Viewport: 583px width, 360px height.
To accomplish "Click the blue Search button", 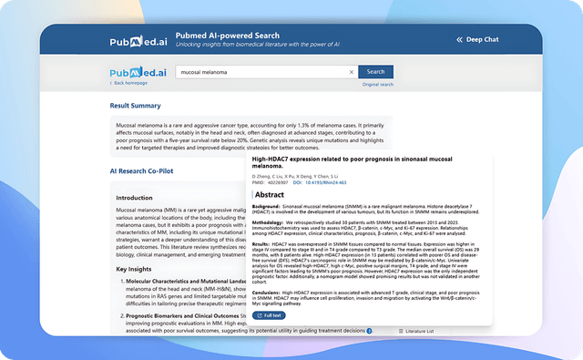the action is click(375, 72).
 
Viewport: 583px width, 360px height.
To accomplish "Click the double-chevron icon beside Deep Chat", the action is click(460, 40).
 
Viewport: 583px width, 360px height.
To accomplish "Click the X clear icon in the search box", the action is click(352, 72).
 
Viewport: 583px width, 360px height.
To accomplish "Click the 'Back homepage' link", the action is click(130, 83).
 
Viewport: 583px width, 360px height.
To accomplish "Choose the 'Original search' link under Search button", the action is click(377, 84).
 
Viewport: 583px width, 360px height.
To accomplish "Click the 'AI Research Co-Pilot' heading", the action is click(142, 170).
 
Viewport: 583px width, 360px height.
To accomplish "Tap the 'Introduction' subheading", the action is click(135, 197).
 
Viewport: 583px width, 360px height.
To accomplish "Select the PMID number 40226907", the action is click(279, 182).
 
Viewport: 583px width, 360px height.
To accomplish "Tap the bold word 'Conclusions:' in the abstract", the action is click(271, 291).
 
